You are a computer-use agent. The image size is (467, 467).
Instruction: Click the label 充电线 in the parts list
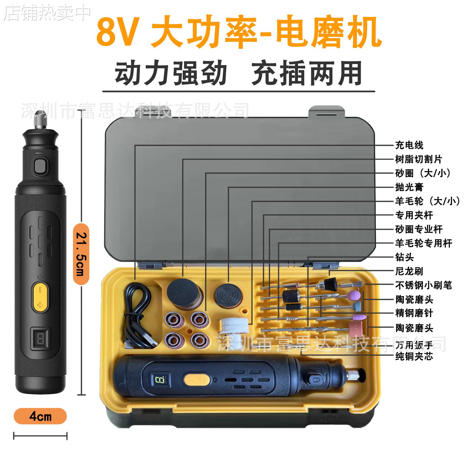tap(409, 145)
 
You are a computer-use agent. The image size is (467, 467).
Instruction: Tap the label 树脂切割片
tap(419, 159)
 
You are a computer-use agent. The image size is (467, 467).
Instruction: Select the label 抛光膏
tap(409, 187)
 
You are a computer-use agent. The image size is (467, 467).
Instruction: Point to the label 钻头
tap(404, 257)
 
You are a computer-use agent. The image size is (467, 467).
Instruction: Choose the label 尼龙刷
tap(409, 271)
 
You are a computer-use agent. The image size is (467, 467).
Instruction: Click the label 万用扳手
tap(414, 345)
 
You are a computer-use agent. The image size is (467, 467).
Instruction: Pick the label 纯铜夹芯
tap(414, 356)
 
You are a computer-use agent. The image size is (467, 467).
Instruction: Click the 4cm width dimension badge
tap(40, 416)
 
